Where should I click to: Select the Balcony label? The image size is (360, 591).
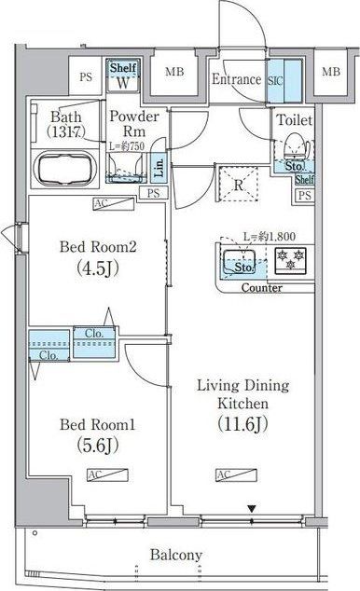(x=175, y=556)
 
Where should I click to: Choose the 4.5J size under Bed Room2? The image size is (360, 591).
(x=99, y=270)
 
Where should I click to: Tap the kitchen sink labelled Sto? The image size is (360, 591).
(x=242, y=264)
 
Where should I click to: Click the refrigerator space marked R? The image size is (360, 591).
(x=239, y=183)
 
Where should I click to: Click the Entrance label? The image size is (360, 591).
(x=236, y=79)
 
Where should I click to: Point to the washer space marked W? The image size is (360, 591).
(x=122, y=83)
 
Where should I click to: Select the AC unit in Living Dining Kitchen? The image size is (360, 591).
(x=224, y=475)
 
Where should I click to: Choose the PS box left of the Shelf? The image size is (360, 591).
(x=86, y=76)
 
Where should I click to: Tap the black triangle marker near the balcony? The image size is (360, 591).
(x=250, y=508)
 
